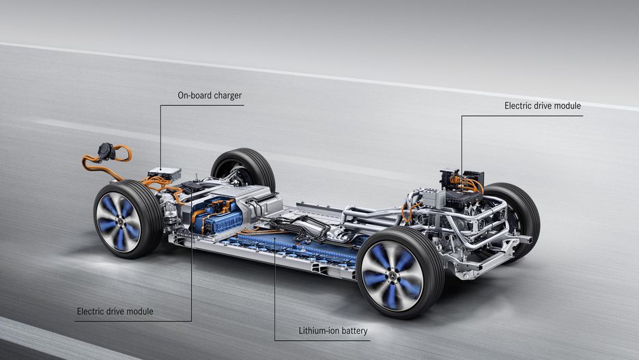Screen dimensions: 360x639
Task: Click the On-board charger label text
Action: pos(210,96)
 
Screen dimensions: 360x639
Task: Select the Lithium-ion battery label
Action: pos(333,331)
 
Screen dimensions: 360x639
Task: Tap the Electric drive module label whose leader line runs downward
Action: pos(543,106)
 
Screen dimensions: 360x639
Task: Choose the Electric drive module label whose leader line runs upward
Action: pos(115,311)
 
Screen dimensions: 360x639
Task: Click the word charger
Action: pos(227,96)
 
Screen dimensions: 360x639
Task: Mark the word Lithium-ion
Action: pos(319,331)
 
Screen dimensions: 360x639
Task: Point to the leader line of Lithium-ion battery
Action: pos(274,287)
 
